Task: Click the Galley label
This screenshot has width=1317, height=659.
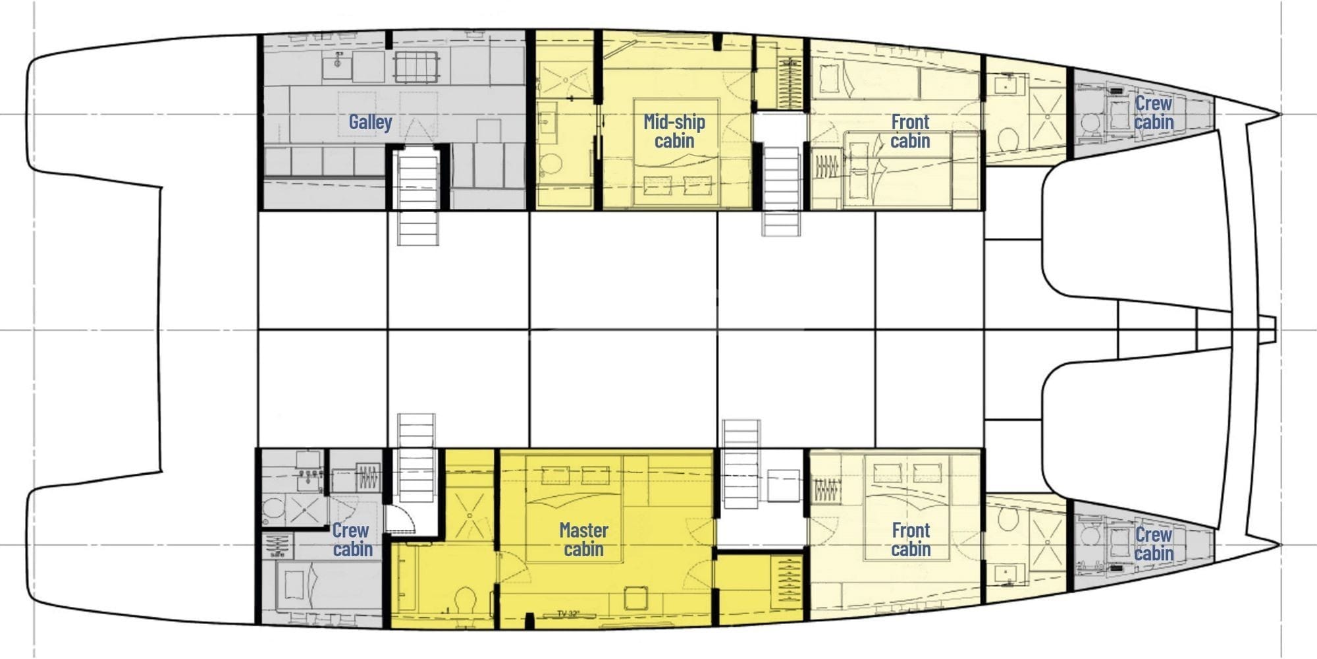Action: (370, 122)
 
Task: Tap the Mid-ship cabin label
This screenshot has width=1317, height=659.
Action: (674, 130)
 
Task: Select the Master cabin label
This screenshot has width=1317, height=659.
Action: (583, 539)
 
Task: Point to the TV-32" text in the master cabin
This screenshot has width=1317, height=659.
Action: (568, 614)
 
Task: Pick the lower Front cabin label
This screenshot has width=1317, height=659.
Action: (911, 539)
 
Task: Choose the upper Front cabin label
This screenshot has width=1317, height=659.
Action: (910, 130)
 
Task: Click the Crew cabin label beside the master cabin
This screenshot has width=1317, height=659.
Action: (352, 539)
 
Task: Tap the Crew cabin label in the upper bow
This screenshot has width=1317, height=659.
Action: (1153, 112)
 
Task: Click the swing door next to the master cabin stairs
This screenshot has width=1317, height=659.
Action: (400, 521)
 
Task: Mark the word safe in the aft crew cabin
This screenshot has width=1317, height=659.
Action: (277, 554)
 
